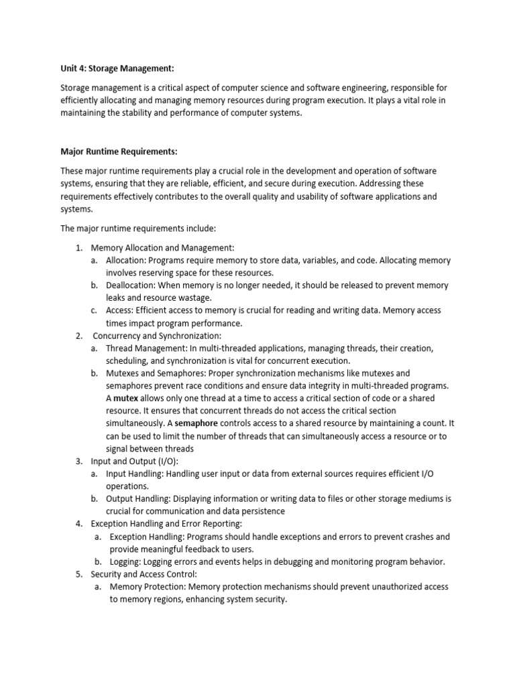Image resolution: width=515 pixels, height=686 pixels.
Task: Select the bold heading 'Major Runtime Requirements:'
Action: point(119,151)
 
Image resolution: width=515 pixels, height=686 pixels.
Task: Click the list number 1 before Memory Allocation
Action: point(79,248)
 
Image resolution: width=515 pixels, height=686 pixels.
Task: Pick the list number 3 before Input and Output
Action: point(79,461)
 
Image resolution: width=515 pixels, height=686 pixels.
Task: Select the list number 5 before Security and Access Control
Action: point(79,574)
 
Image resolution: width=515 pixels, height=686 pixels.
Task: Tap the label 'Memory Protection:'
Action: point(148,587)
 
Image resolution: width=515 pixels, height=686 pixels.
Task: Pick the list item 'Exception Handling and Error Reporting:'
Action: point(166,524)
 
